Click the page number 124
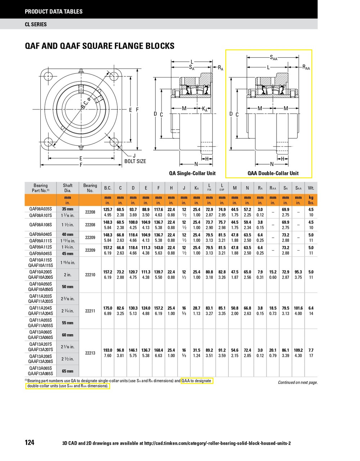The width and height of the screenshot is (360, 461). click(30, 442)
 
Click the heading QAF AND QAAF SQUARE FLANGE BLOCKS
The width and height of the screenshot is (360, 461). click(99, 46)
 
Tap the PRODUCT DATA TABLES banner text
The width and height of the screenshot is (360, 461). click(54, 12)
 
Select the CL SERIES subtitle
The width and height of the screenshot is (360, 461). click(36, 24)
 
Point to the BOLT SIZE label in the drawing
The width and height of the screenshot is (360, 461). click(135, 161)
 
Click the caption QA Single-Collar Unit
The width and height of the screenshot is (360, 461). click(192, 173)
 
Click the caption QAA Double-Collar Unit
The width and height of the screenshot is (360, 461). click(273, 173)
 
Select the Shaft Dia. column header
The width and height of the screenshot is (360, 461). click(68, 188)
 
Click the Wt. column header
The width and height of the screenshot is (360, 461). click(311, 188)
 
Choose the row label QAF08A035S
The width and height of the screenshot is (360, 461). click(40, 209)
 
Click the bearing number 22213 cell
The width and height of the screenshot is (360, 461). click(90, 353)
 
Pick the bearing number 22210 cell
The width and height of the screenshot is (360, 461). click(90, 275)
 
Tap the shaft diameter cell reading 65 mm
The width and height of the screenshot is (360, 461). click(68, 371)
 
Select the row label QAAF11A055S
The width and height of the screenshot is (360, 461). click(40, 325)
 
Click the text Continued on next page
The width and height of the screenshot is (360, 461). click(298, 382)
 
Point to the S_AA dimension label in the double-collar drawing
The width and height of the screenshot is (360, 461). click(274, 57)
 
